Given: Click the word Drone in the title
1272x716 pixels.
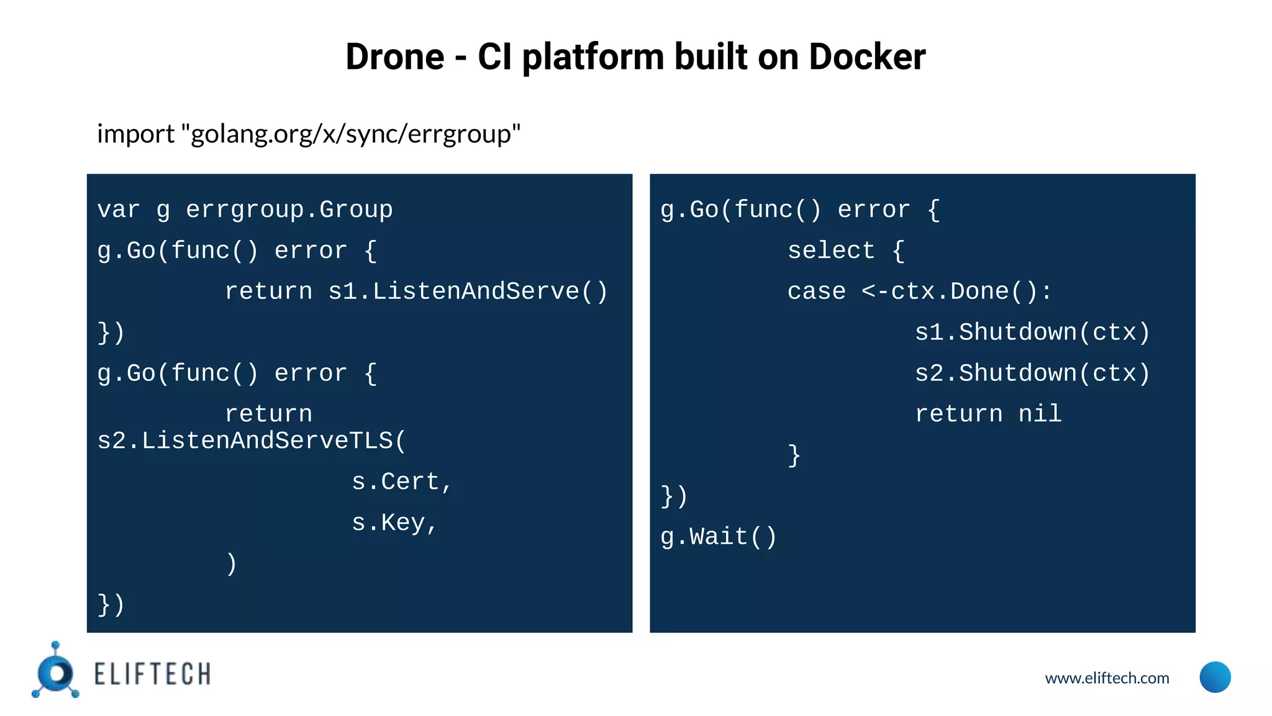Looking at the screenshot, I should point(394,57).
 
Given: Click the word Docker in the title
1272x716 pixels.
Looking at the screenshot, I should point(867,57).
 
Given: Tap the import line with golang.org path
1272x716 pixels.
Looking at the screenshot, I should point(309,134).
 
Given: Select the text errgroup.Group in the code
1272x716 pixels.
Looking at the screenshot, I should point(289,210).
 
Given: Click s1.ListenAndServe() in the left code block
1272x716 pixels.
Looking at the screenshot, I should point(468,291).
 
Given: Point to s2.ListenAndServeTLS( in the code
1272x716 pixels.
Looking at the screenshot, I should point(252,441).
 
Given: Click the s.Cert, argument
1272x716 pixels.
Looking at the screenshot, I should point(401,482).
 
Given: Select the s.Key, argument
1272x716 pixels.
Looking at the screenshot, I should point(394,523).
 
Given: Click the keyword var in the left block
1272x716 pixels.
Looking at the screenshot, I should point(119,210).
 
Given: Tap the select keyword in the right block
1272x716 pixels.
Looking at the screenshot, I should point(831,251).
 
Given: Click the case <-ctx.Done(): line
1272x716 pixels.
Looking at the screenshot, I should point(919,291).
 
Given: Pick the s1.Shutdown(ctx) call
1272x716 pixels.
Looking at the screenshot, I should point(1032,333).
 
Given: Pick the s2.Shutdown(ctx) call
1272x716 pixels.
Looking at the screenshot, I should point(1032,374).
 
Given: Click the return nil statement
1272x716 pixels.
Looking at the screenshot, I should point(988,414).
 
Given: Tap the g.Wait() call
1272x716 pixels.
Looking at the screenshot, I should point(719,537).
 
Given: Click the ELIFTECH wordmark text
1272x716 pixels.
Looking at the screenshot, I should point(152,674).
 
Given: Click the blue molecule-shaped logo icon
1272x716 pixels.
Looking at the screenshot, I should point(56,672).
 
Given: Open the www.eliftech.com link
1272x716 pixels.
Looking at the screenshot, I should point(1107,678).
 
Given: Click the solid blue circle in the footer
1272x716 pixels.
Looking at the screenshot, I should point(1215,677).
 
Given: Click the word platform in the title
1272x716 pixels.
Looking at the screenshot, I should point(593,57).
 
